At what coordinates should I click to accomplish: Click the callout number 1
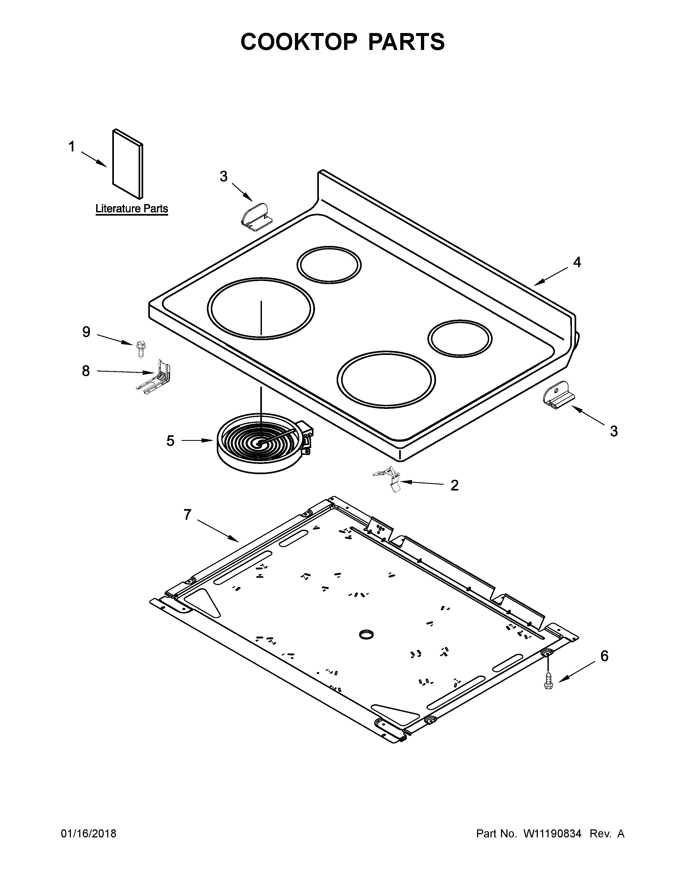tap(72, 147)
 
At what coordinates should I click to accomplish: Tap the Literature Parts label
tap(131, 209)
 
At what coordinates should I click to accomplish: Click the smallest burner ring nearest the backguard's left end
tap(329, 265)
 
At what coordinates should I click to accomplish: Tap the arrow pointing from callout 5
tap(197, 440)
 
